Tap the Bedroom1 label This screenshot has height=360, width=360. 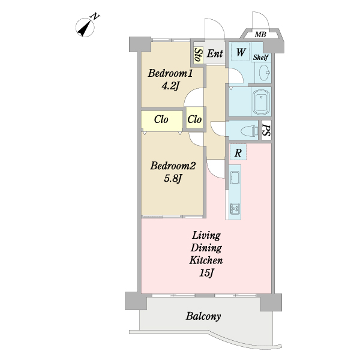coord(170,73)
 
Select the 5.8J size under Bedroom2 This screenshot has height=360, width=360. coord(173,178)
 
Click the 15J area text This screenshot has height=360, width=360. coord(206,273)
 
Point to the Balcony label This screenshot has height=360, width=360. coord(203,316)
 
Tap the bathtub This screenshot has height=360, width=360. coord(261,101)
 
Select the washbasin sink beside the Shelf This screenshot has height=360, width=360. coord(265,73)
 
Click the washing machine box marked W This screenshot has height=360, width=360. coord(241,52)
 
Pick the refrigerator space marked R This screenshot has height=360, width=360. coord(238,152)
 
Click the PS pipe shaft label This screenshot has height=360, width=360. coord(266,130)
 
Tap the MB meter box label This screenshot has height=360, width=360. coord(260,35)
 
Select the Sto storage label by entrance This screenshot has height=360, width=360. coord(199,55)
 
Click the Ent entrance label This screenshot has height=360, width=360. coord(215,54)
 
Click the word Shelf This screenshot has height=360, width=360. coord(261,58)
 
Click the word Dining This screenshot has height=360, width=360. coord(206,248)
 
